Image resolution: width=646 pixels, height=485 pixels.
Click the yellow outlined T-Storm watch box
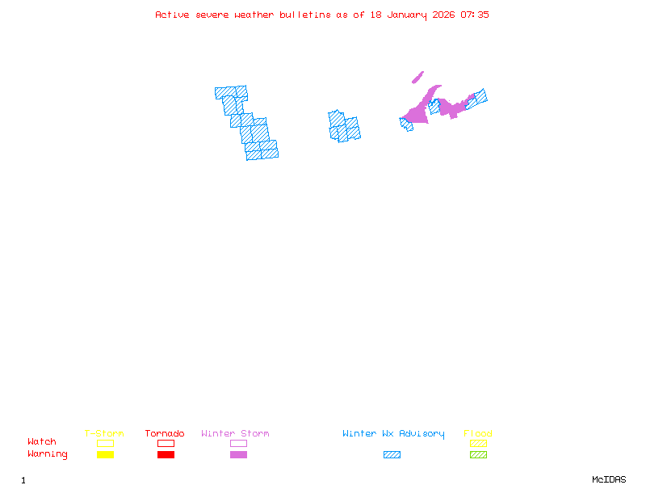105,443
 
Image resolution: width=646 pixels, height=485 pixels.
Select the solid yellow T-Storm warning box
105,455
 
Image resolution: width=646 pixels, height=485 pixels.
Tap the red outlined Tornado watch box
166,443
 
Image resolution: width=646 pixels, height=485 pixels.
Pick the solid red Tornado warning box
166,455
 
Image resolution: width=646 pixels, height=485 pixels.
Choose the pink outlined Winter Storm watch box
238,443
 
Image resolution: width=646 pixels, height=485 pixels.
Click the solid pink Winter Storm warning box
238,455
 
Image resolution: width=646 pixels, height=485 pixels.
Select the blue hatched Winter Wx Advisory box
392,455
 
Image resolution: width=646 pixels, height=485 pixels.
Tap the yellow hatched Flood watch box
478,443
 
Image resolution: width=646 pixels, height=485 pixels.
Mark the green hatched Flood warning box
478,455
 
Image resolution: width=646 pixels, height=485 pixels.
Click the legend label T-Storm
104,434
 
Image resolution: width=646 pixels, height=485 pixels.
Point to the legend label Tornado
165,434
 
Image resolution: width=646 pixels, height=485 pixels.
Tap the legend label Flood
478,434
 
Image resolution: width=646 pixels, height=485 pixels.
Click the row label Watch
42,442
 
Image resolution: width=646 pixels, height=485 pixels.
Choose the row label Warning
48,454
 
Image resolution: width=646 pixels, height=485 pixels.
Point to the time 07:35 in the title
475,15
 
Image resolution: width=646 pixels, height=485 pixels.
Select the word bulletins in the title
305,15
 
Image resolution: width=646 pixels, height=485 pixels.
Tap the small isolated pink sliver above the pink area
417,78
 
